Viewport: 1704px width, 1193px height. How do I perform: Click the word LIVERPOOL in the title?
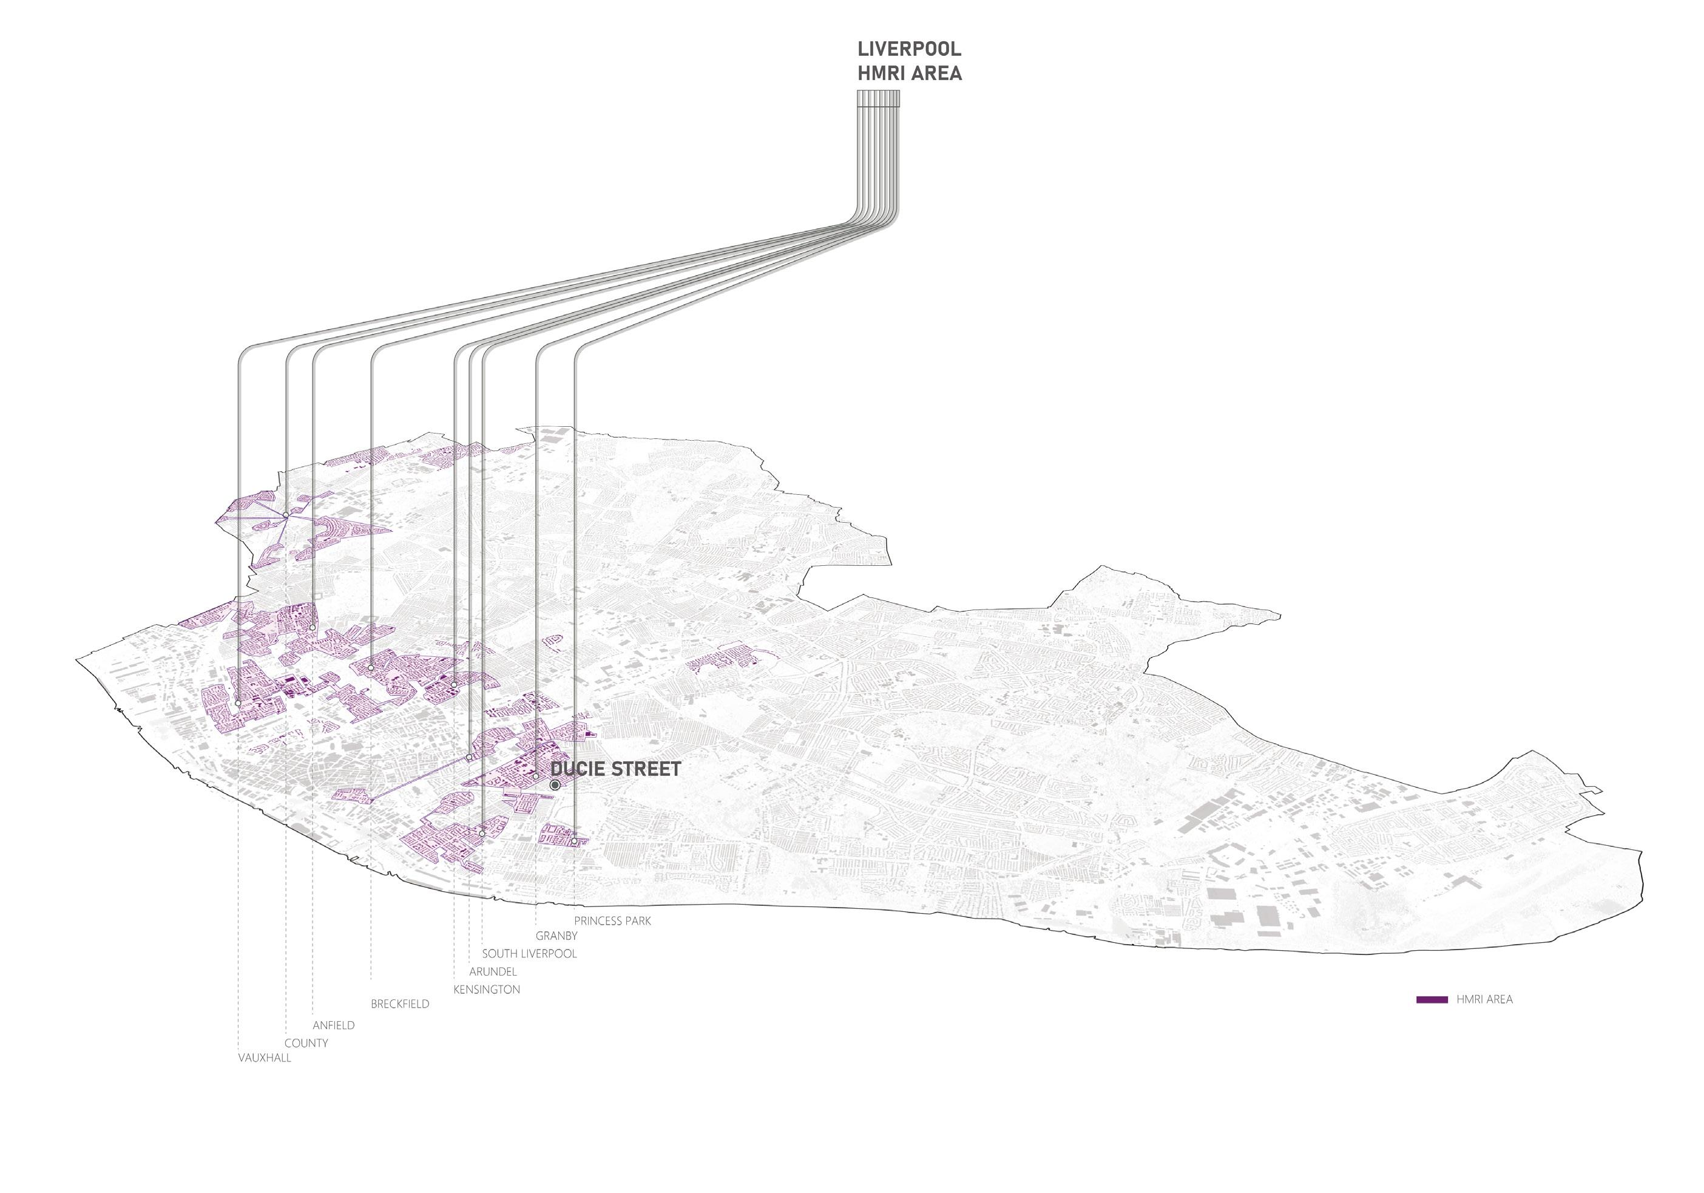[x=909, y=49]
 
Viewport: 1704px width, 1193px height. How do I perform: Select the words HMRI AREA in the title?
[x=909, y=73]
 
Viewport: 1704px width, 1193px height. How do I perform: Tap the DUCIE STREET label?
[x=616, y=769]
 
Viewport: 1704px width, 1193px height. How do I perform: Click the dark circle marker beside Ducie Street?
[x=555, y=784]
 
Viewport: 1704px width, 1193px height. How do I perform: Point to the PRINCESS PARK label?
[x=612, y=920]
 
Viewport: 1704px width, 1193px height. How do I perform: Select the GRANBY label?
[x=556, y=936]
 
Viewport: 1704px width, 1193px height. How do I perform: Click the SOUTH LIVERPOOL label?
[x=529, y=953]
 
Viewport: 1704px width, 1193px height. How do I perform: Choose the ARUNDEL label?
[x=493, y=971]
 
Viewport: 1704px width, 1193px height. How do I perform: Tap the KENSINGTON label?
[x=487, y=989]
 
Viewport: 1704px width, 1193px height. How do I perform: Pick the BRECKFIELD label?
[x=400, y=1004]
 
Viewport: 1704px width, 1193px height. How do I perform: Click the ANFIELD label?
[x=333, y=1025]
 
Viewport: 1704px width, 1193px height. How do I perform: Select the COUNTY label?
[x=306, y=1043]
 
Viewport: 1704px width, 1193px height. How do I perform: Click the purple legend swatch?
[x=1432, y=999]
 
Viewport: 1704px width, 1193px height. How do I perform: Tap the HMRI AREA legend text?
[x=1484, y=999]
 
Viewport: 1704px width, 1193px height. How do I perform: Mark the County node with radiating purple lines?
[x=286, y=515]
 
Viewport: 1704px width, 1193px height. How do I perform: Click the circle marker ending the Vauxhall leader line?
[x=237, y=703]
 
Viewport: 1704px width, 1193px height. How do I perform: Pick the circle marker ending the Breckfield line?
[x=371, y=667]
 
